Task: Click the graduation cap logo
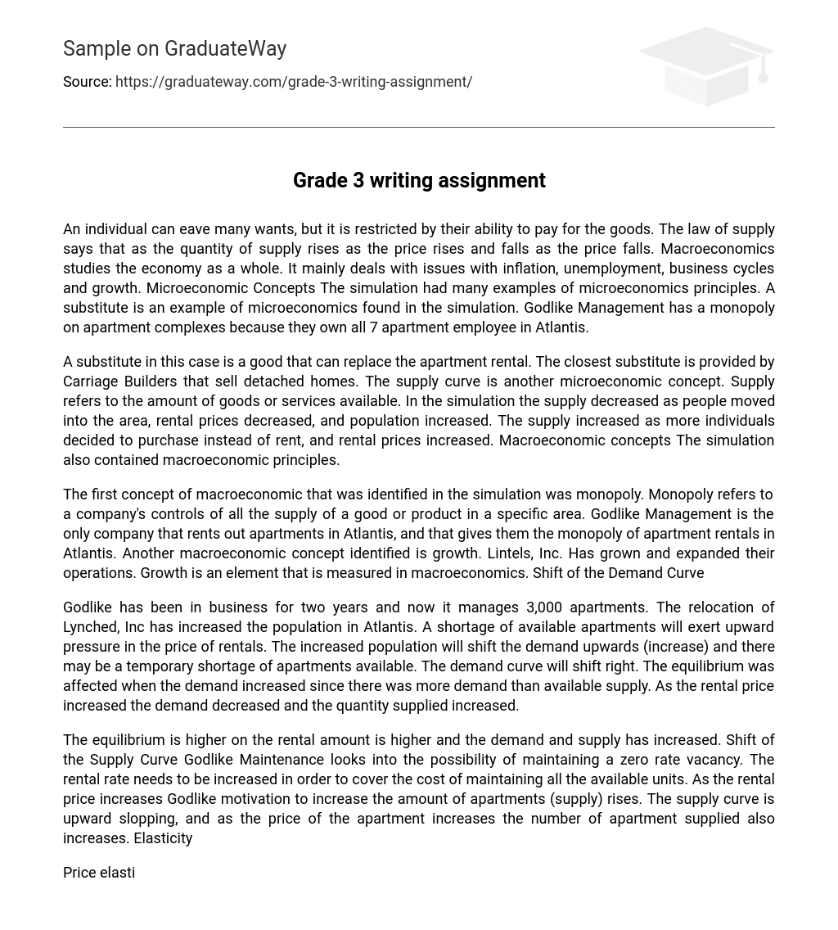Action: [x=706, y=65]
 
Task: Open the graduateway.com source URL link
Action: [x=293, y=82]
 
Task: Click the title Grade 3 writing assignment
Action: [x=419, y=180]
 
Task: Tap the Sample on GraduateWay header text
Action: [x=174, y=49]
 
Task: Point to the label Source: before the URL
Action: [x=87, y=82]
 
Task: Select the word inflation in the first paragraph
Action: [x=515, y=269]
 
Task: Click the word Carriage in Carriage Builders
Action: [x=91, y=381]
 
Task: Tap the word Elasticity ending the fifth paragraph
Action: [x=163, y=838]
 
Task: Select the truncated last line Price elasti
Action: [x=99, y=873]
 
